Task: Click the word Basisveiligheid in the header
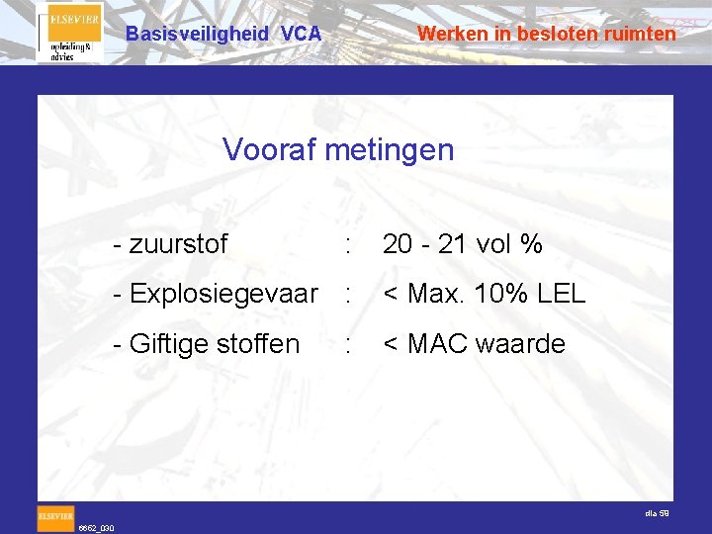pos(197,34)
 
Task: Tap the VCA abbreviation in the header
pos(301,34)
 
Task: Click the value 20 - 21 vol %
pos(462,244)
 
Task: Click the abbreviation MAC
pos(442,344)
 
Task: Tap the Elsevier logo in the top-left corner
pos(69,33)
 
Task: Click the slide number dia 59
pos(657,513)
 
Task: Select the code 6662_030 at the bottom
pos(97,528)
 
